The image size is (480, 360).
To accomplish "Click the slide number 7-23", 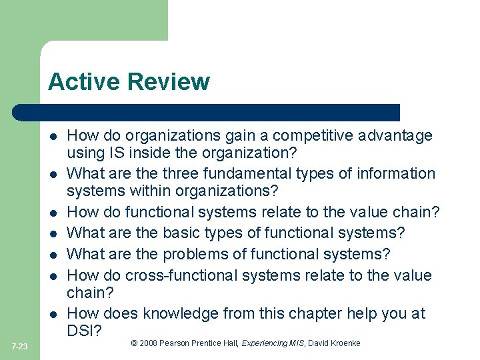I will (19, 347).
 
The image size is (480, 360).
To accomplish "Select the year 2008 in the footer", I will (150, 343).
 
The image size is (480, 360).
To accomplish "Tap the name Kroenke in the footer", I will (345, 343).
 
